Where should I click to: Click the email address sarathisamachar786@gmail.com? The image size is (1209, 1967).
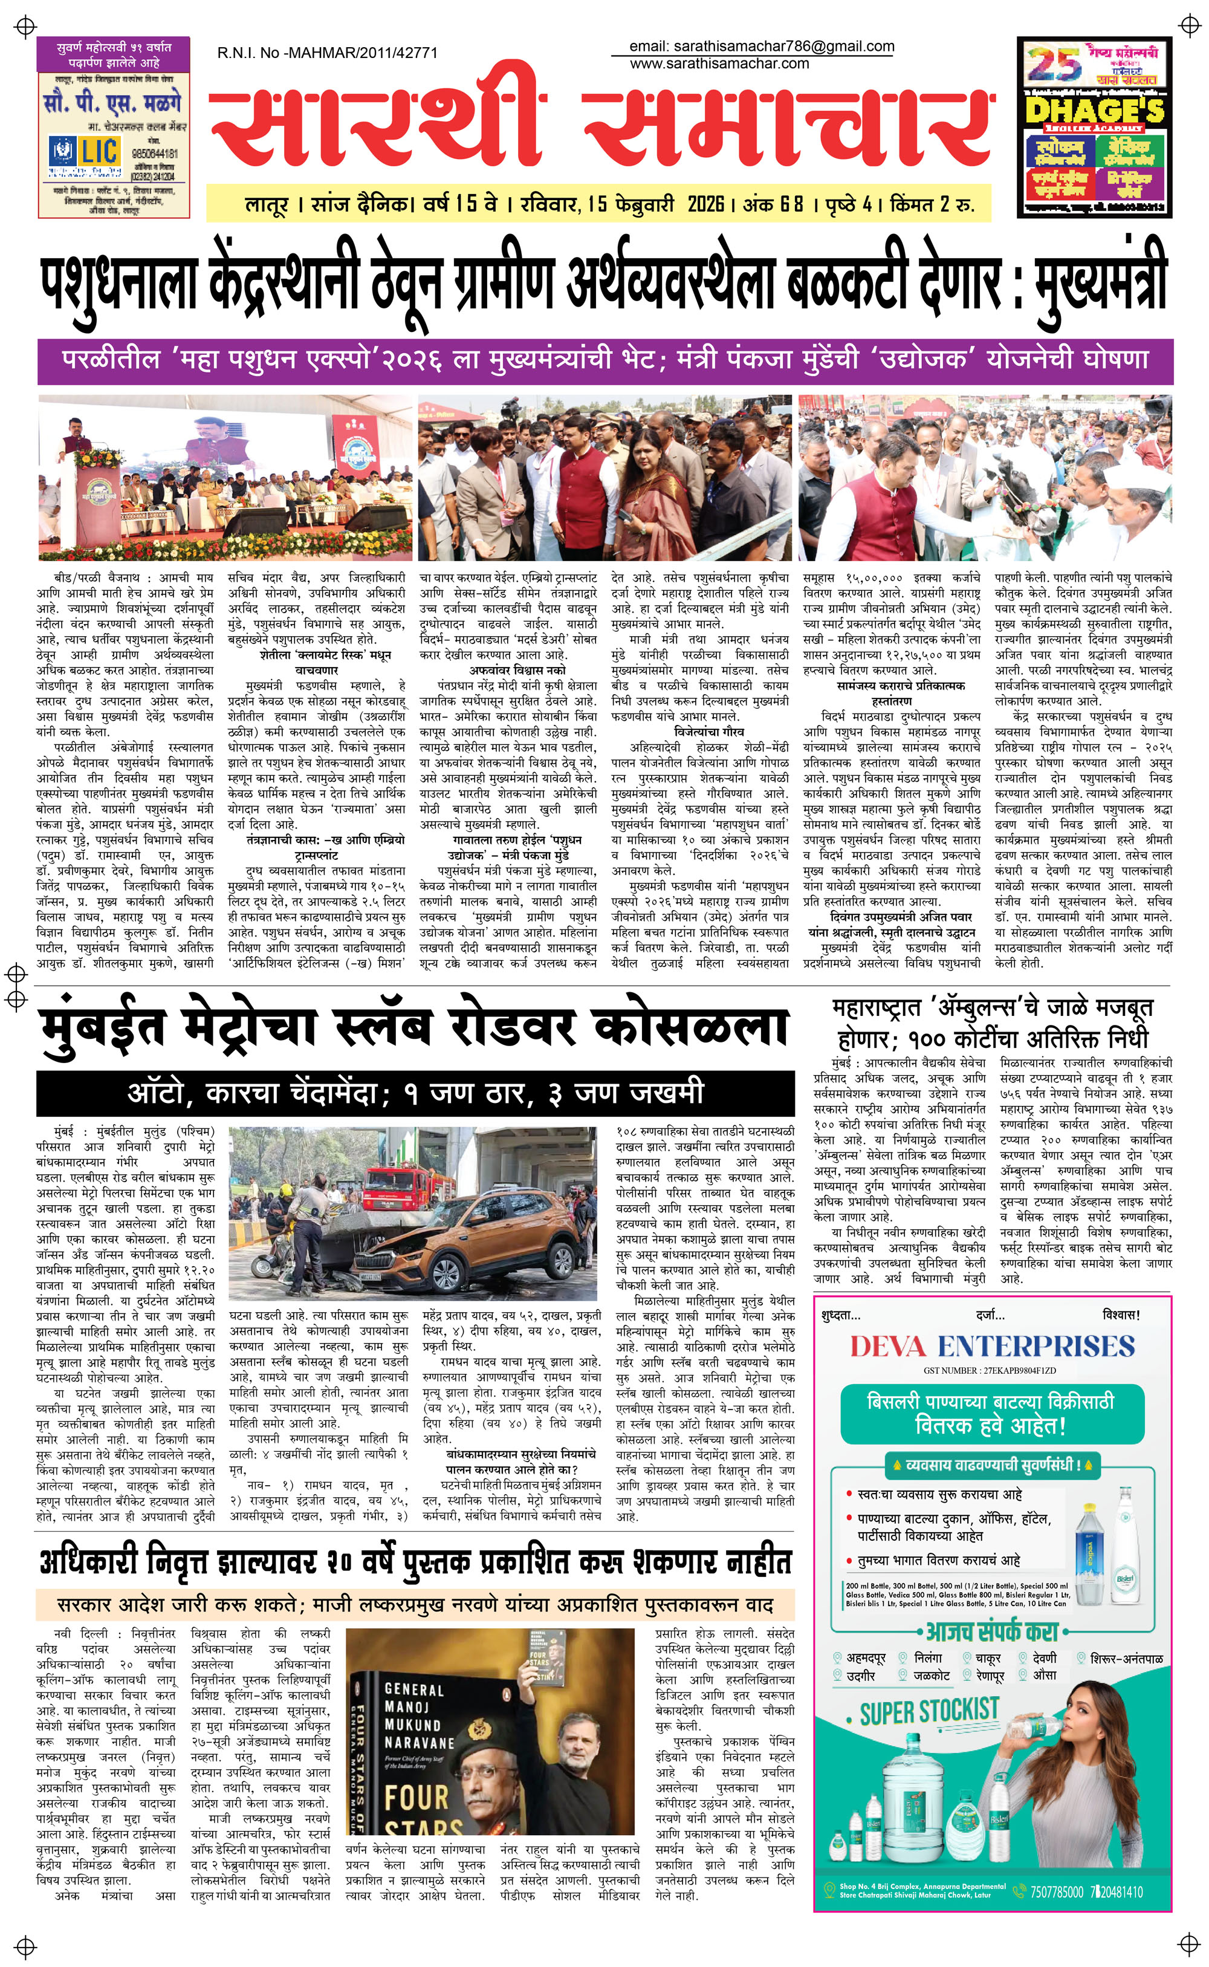click(x=761, y=47)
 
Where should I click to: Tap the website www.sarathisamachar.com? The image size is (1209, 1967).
click(x=719, y=64)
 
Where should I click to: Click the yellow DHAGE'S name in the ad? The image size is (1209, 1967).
click(x=1095, y=110)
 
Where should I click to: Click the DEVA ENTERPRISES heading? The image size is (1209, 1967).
click(x=991, y=1347)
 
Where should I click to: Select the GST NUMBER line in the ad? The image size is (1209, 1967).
click(x=990, y=1370)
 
